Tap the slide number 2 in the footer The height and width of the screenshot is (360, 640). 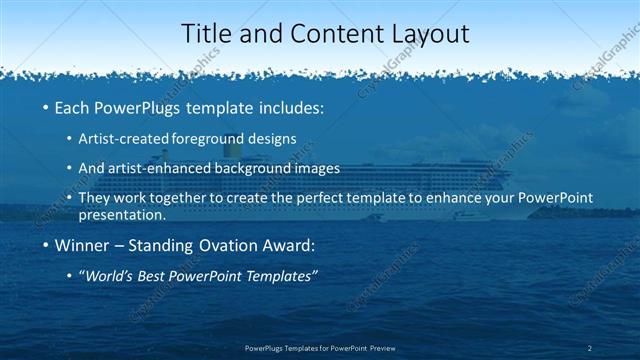[x=590, y=348]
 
